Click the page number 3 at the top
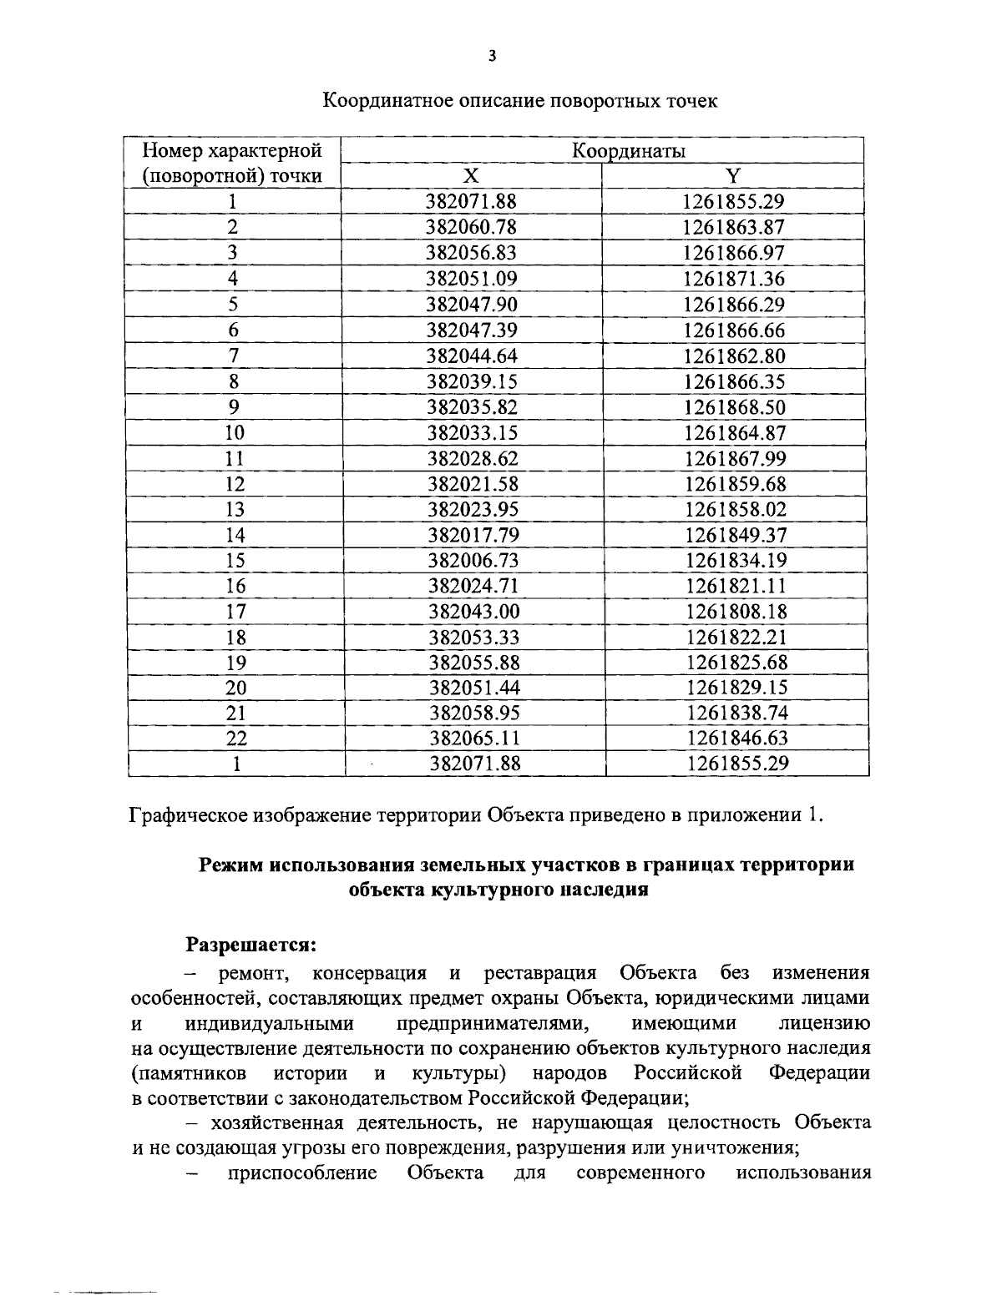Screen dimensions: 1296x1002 492,57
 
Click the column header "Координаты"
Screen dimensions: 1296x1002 629,151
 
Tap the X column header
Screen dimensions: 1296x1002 472,175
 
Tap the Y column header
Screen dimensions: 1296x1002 732,175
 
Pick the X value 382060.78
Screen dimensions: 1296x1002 472,227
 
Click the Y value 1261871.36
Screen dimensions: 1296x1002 734,278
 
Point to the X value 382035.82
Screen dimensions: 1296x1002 473,407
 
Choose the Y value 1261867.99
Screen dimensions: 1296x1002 736,458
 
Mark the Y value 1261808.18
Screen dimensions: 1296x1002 736,611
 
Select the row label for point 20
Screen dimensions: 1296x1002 236,688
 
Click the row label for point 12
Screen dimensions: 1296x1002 235,484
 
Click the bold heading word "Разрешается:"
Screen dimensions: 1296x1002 250,945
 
